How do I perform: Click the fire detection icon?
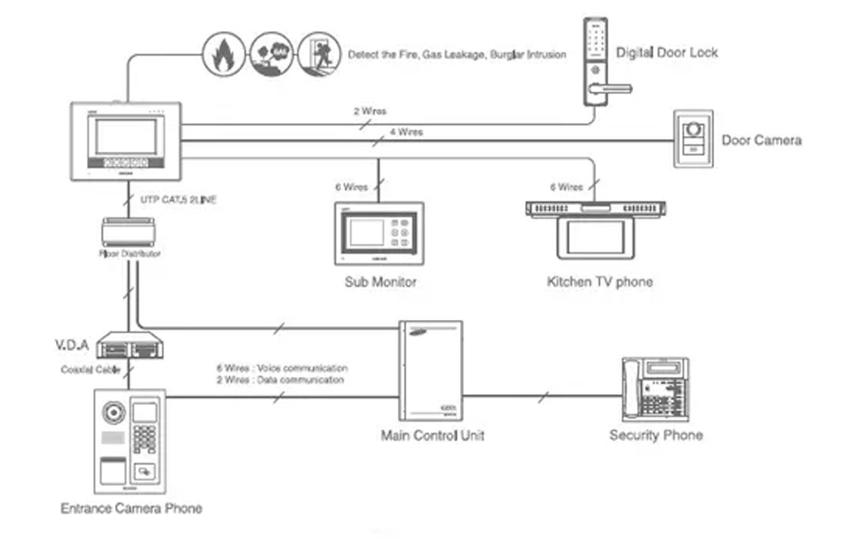(223, 54)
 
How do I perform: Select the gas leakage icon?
(271, 54)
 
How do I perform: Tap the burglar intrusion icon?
(318, 54)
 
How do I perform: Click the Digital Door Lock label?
(666, 53)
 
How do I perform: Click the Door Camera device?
(692, 139)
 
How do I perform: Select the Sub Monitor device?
(379, 232)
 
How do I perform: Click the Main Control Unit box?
(430, 370)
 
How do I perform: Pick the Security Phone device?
(655, 389)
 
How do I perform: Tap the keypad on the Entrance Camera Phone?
(144, 439)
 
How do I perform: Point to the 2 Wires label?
(370, 111)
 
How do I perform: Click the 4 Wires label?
(406, 132)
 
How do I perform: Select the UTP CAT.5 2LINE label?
(179, 200)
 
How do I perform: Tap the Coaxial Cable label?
(92, 370)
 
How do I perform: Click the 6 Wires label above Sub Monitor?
(351, 187)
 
